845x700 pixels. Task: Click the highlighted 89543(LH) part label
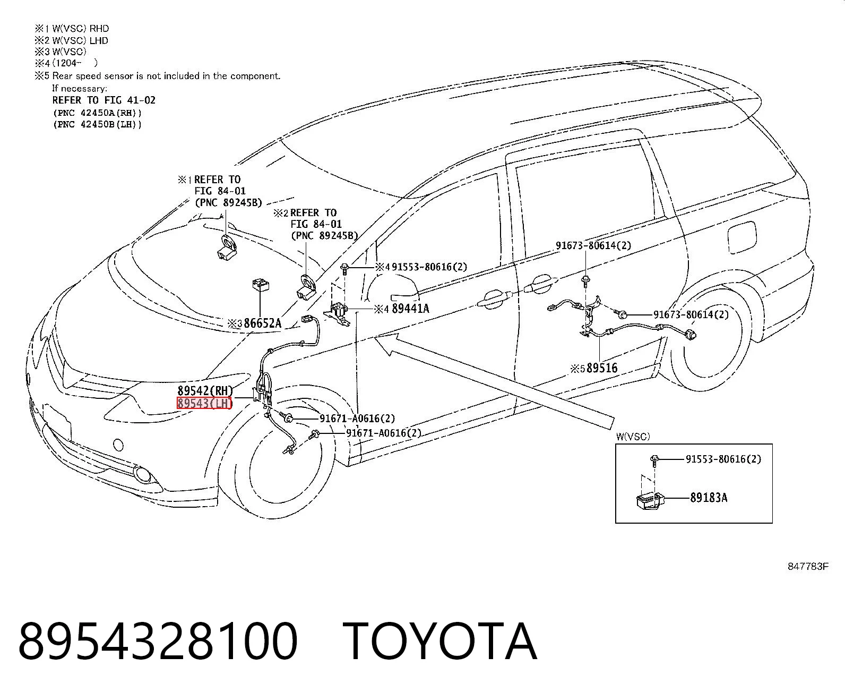[204, 403]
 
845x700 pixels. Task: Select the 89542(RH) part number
[205, 390]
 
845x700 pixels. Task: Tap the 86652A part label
[262, 323]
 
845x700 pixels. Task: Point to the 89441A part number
[410, 309]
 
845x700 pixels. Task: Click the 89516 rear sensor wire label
[602, 368]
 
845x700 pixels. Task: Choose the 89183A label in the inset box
[709, 498]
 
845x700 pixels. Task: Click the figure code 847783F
[808, 566]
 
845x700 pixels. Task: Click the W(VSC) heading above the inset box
[633, 436]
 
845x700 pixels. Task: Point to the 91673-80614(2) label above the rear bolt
[593, 245]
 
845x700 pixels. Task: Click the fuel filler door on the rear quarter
[742, 237]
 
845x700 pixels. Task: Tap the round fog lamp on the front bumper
[142, 474]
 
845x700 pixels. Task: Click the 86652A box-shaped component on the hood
[261, 285]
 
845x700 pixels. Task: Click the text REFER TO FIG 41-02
[104, 100]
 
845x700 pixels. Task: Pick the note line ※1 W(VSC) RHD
[72, 29]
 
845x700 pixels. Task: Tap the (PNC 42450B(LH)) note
[98, 124]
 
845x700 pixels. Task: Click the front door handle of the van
[492, 298]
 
